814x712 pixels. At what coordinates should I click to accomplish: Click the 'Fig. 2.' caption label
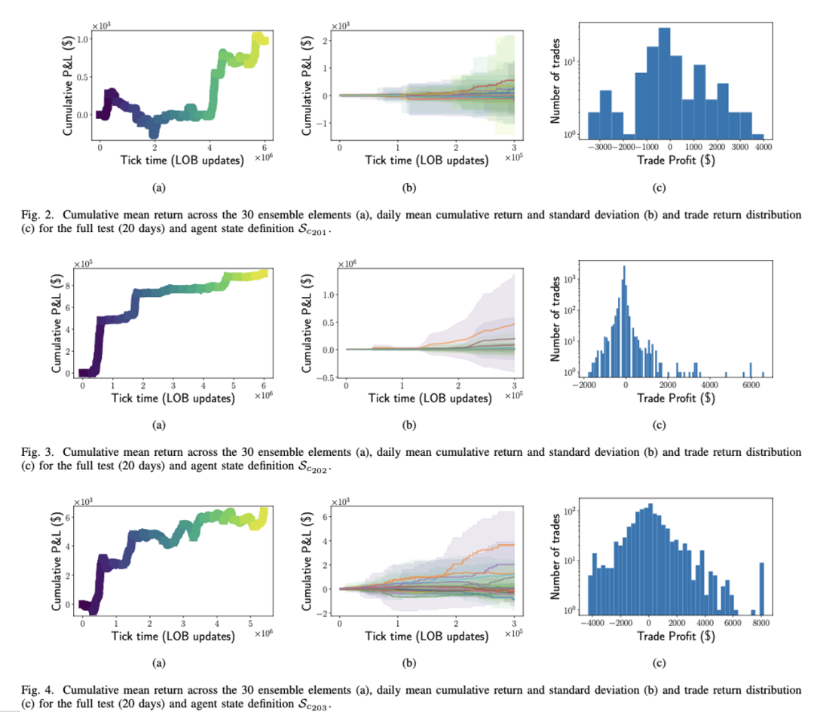27,215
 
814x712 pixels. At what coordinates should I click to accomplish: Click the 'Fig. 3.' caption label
27,452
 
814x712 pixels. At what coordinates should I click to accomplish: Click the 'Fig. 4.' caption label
27,689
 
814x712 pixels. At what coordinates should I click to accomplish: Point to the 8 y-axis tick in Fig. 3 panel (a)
69,286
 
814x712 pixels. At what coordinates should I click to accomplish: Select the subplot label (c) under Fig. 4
659,664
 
